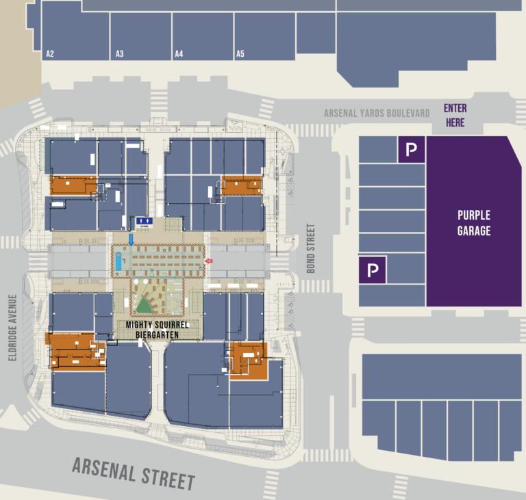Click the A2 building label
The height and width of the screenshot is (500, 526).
49,53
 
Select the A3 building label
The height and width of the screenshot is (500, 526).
119,53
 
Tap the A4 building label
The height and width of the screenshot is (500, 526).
179,53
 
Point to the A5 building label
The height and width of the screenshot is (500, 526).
240,53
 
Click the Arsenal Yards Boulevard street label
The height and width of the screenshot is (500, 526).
377,113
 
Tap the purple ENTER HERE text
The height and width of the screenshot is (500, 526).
455,116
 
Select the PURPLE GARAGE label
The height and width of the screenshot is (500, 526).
474,224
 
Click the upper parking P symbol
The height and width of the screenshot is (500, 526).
411,150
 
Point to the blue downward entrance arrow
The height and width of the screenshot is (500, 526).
131,239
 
